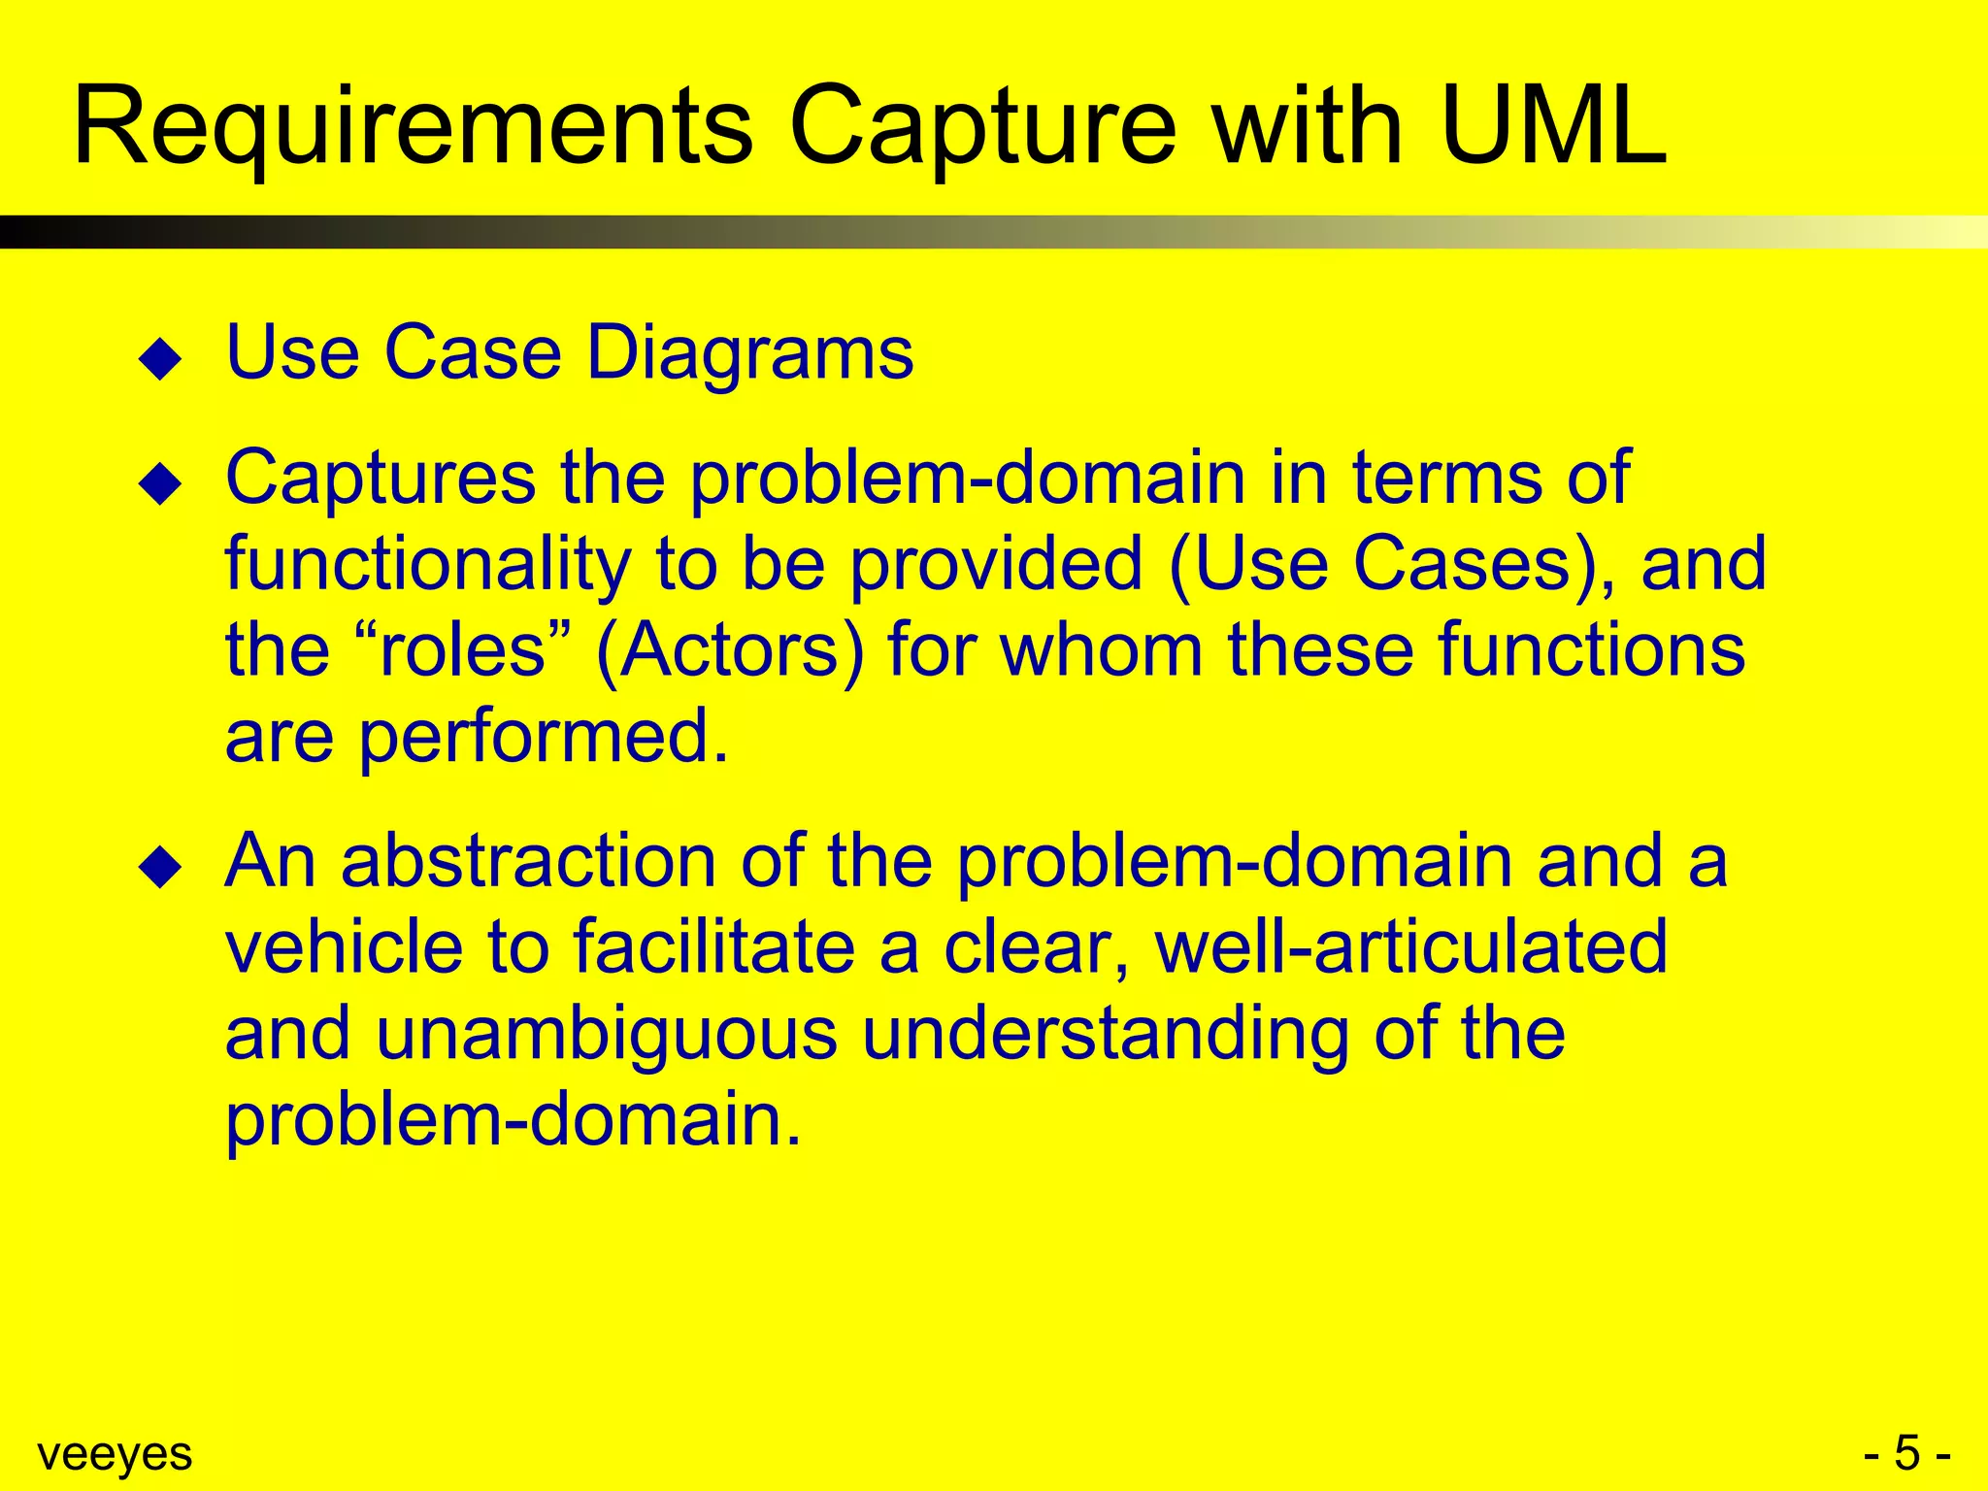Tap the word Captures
point(381,479)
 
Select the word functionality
point(427,565)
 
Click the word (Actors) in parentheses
point(729,650)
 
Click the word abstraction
point(528,861)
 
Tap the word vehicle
point(344,946)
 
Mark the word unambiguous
point(606,1033)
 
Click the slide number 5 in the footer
point(1906,1453)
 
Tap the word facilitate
point(714,946)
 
